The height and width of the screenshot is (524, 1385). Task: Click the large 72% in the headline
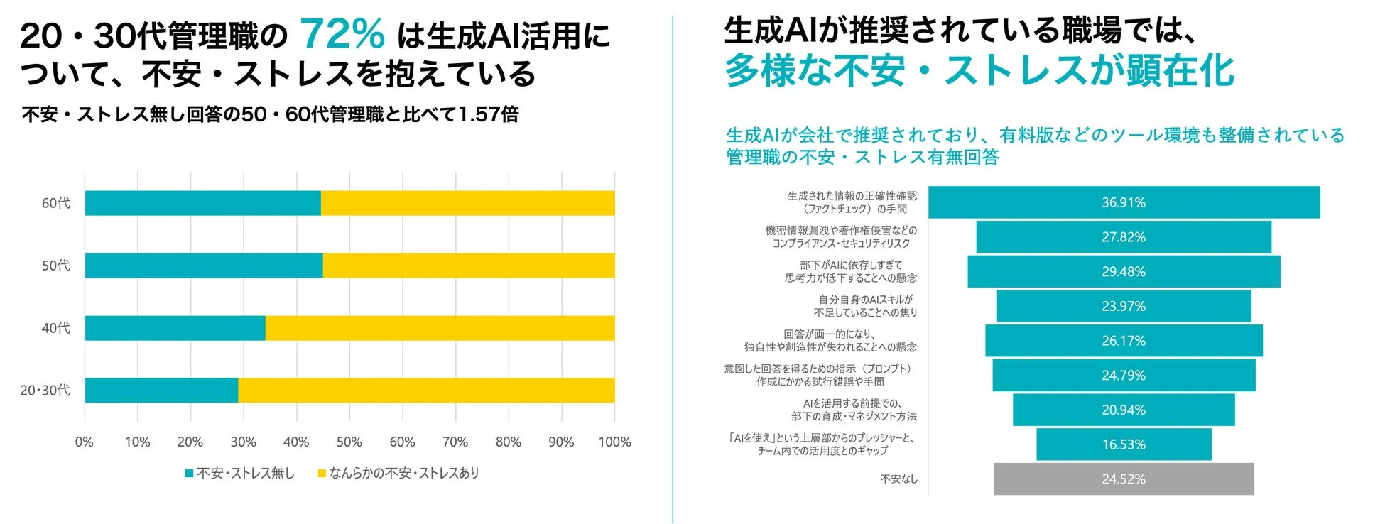pos(342,33)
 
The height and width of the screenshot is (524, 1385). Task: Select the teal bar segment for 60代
pos(202,203)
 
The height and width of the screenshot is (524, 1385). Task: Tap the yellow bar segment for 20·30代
pos(426,391)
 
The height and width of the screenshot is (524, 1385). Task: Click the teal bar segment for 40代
pos(175,328)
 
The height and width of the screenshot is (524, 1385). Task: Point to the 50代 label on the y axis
pos(56,266)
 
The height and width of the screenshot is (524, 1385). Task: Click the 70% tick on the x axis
pos(455,442)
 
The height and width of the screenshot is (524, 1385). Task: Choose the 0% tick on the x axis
pos(85,442)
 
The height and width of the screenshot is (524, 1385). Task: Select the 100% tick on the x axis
pos(614,442)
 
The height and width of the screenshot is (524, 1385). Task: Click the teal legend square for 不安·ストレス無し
pos(189,473)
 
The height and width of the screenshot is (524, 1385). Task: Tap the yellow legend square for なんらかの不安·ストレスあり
pos(322,473)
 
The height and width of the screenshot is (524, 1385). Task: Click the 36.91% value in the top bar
pos(1123,203)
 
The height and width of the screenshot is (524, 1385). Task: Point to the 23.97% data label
pos(1123,307)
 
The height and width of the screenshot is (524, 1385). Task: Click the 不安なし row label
pos(898,479)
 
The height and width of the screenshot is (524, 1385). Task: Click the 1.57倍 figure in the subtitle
pos(488,114)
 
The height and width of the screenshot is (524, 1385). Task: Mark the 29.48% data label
pos(1123,272)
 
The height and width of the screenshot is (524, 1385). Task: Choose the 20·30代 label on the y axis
pos(45,391)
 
